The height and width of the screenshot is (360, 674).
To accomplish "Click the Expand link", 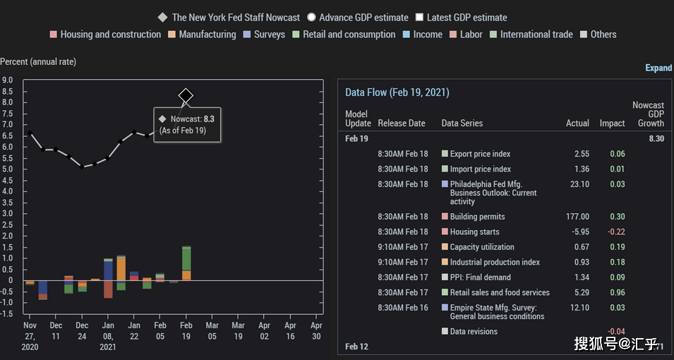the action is pyautogui.click(x=658, y=68).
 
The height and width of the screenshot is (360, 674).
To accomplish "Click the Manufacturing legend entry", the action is pyautogui.click(x=202, y=35).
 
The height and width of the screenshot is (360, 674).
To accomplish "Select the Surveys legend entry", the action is pyautogui.click(x=264, y=35).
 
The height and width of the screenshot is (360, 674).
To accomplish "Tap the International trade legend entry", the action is pyautogui.click(x=531, y=35).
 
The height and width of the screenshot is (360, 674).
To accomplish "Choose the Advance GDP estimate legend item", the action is pyautogui.click(x=358, y=18).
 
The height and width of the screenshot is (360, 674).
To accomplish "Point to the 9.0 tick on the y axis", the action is pyautogui.click(x=7, y=80).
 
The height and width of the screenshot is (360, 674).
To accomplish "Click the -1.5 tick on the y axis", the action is pyautogui.click(x=6, y=313).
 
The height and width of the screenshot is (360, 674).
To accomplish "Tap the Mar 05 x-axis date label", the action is pyautogui.click(x=212, y=331).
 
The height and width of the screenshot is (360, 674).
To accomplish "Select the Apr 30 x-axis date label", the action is pyautogui.click(x=316, y=331).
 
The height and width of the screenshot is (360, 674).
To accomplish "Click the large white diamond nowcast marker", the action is pyautogui.click(x=186, y=95).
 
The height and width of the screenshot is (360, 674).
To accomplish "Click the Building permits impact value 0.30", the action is pyautogui.click(x=618, y=217).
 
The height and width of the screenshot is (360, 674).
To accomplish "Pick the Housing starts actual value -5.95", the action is pyautogui.click(x=579, y=232).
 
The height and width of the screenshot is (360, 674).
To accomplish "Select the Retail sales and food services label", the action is pyautogui.click(x=500, y=292).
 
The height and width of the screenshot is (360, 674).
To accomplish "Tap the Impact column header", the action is pyautogui.click(x=613, y=124).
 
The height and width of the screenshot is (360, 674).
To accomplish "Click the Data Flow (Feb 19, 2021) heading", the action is pyautogui.click(x=397, y=92).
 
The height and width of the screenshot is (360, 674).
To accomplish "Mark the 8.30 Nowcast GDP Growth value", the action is pyautogui.click(x=656, y=139).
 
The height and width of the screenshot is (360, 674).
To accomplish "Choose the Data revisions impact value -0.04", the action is pyautogui.click(x=616, y=332).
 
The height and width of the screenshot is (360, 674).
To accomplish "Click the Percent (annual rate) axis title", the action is pyautogui.click(x=38, y=62).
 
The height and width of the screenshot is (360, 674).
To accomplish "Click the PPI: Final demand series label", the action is pyautogui.click(x=480, y=277).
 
